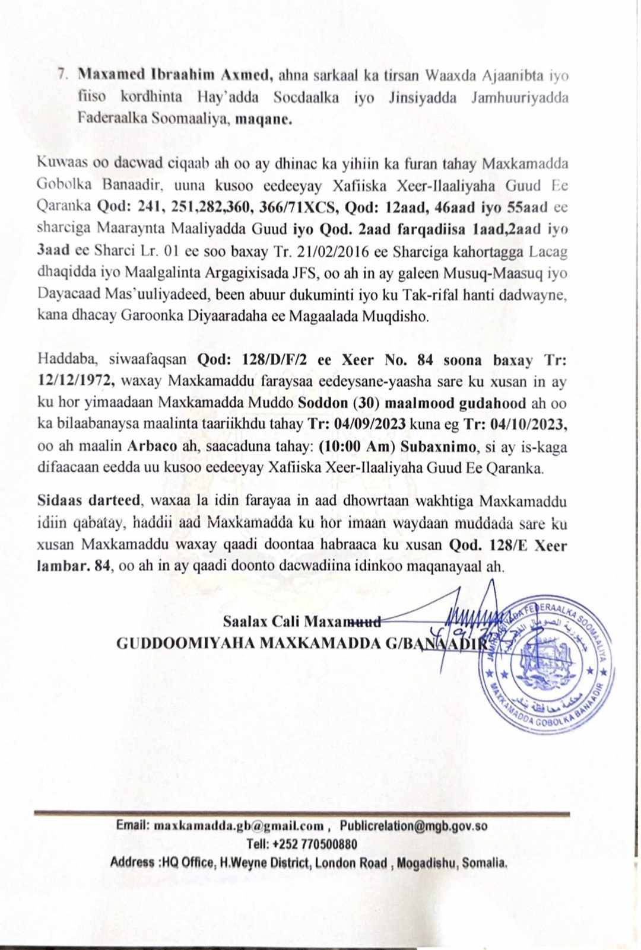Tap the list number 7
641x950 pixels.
[x=62, y=75]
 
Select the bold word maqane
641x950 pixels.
[x=264, y=119]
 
